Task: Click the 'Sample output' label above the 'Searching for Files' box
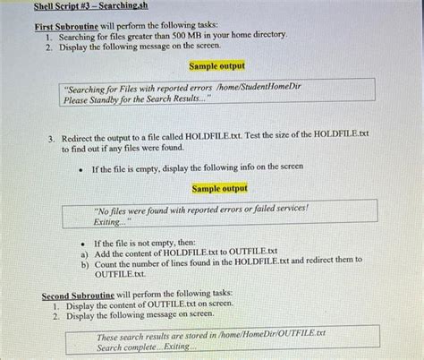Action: click(216, 66)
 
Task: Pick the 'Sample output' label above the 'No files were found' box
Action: click(220, 189)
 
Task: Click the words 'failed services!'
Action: click(276, 209)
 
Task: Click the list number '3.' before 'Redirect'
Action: click(53, 135)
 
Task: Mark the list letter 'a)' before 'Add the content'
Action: click(85, 252)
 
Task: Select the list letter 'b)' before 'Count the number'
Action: click(85, 261)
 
